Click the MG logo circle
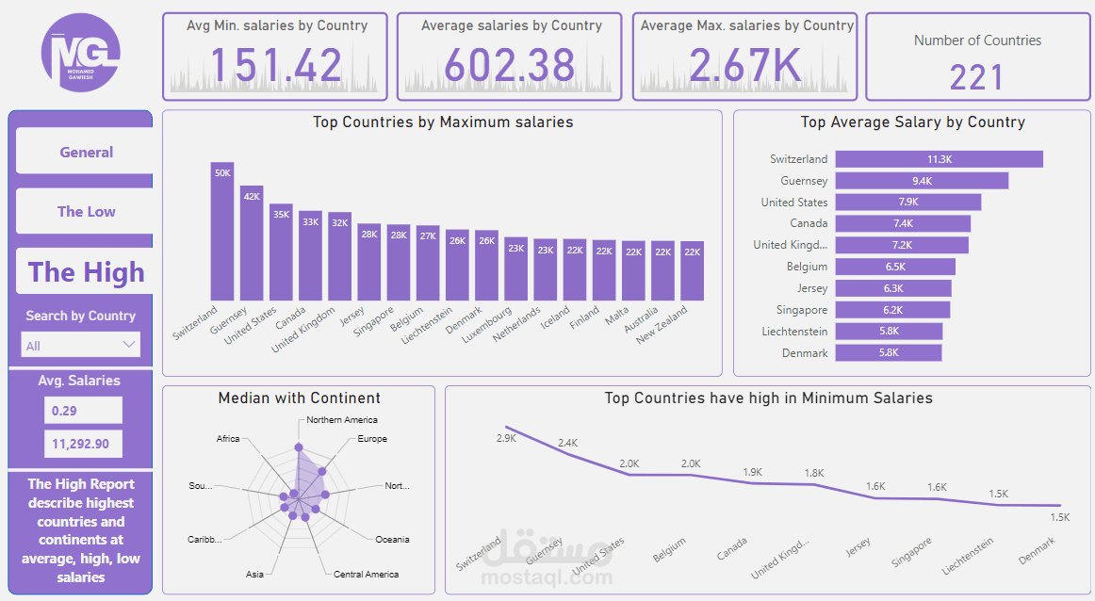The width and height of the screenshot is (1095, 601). point(81,53)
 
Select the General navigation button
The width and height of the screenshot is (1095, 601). point(86,152)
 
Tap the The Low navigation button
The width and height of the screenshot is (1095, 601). point(86,211)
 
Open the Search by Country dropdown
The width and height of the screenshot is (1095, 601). point(81,345)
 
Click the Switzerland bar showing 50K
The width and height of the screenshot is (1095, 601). point(222,231)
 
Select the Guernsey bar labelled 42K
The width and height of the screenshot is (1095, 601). point(252,242)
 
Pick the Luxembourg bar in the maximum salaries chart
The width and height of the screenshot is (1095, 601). point(515,268)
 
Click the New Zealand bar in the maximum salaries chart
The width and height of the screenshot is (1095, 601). point(692,270)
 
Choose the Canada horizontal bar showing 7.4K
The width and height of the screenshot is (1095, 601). point(903,223)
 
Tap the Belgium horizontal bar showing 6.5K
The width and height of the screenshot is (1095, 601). point(895,267)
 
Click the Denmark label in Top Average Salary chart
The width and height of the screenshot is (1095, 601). point(805,353)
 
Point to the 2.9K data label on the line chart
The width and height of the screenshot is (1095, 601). point(506,439)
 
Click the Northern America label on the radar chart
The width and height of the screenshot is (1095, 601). point(342,420)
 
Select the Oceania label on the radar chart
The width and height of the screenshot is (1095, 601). point(392,540)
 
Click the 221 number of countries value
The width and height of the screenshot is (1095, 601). point(977,77)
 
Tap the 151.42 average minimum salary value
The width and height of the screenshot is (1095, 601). point(275,65)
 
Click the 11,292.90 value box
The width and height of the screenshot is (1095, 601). point(83,444)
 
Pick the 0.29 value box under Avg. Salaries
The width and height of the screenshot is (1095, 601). point(83,411)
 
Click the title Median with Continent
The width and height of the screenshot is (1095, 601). point(299,398)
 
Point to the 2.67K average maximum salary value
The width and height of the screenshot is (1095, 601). point(744,65)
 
